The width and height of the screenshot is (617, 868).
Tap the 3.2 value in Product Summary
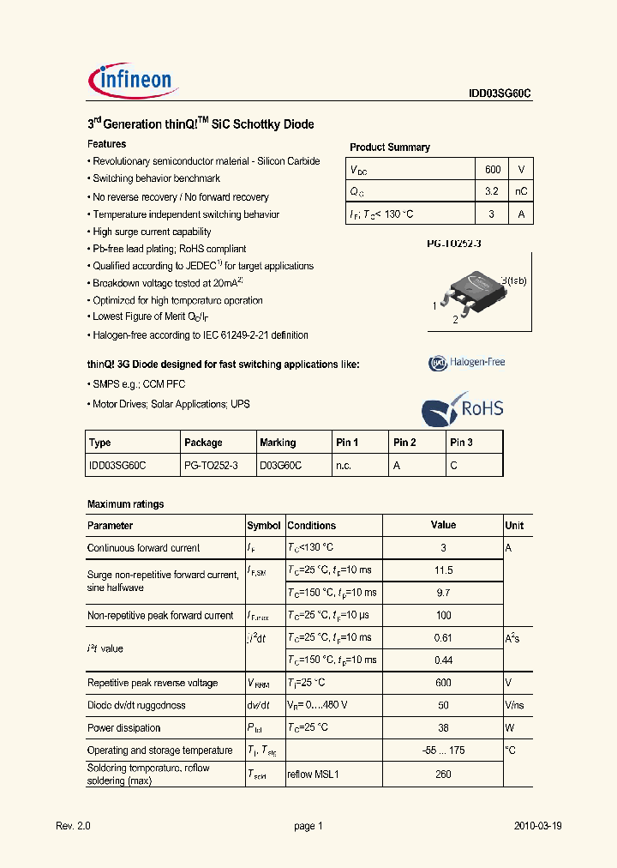coord(492,191)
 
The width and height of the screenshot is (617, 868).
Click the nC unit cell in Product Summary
coord(520,191)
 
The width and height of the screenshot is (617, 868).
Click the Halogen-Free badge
coord(467,362)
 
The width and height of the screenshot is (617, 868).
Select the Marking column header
coord(278,443)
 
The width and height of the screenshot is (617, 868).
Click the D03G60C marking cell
coord(281,465)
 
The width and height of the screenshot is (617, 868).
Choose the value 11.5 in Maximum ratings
coord(443,570)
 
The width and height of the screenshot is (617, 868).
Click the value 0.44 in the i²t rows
coord(443,660)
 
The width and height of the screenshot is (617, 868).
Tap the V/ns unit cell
coord(514,705)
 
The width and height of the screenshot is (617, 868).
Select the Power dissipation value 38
coord(443,727)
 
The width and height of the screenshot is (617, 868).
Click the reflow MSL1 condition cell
coord(314,774)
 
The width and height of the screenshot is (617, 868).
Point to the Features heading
coord(107,144)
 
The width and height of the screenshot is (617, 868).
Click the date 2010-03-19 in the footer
coord(537,826)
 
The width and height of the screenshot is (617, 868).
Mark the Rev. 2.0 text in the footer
coord(73,826)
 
